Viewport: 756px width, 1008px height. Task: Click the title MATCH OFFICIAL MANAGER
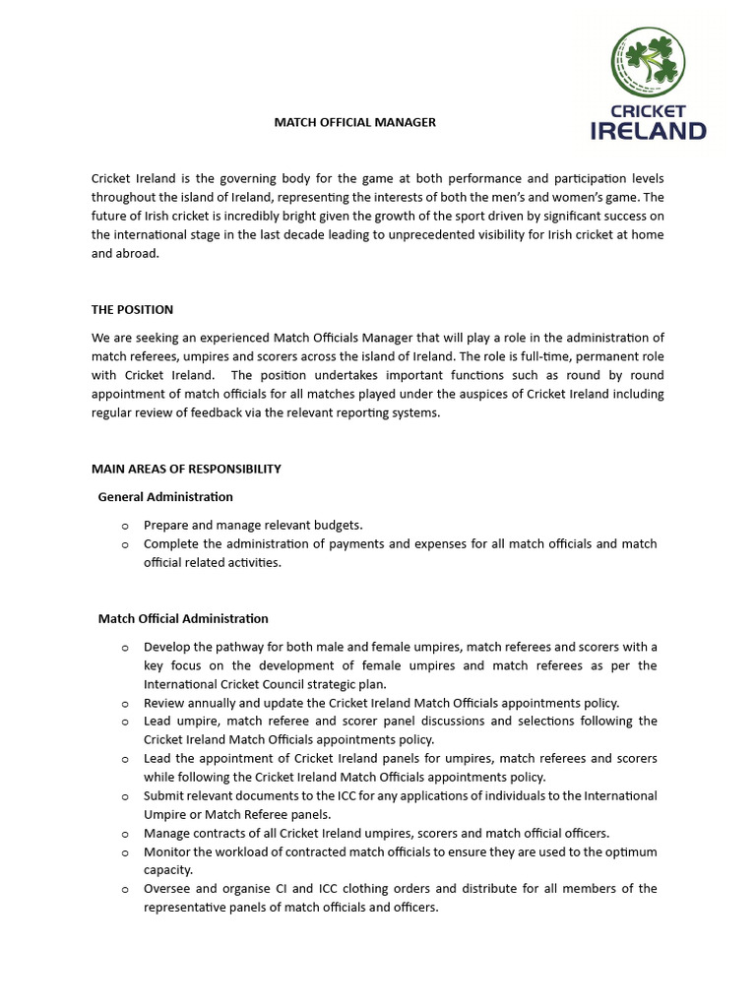354,122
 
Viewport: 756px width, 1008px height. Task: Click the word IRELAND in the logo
648,130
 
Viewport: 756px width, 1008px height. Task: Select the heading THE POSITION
132,309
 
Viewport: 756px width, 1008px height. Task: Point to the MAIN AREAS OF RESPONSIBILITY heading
186,469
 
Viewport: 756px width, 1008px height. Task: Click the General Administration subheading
165,496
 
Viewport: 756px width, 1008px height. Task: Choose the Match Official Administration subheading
183,618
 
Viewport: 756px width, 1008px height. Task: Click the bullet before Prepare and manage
125,526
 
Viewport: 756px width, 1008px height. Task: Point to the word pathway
244,647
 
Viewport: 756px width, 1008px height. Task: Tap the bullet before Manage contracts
125,834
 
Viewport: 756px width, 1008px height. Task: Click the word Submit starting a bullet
163,795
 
